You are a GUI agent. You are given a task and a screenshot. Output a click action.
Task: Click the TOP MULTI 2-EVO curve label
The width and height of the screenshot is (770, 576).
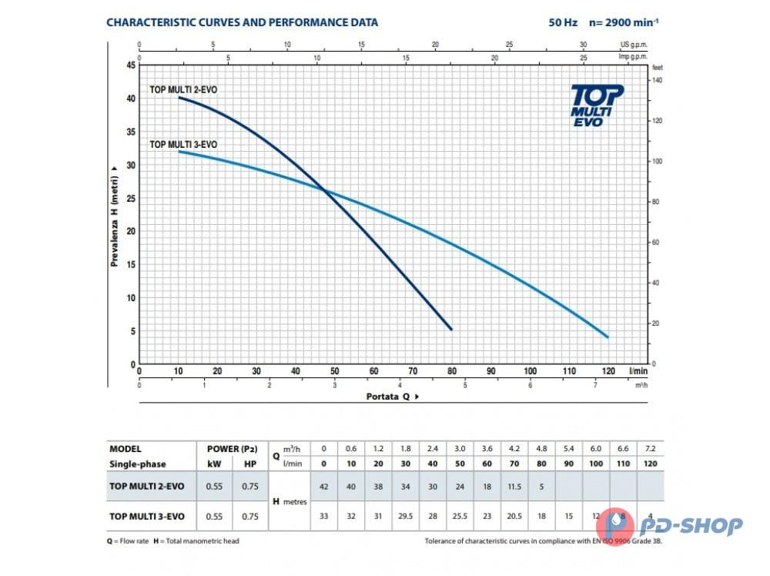coord(182,90)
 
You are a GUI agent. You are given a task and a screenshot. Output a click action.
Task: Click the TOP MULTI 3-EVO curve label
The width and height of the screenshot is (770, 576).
coord(182,144)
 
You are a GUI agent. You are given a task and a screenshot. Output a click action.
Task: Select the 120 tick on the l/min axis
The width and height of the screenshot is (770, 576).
coord(608,371)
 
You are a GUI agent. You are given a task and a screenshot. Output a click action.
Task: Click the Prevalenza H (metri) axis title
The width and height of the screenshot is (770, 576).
coord(114,215)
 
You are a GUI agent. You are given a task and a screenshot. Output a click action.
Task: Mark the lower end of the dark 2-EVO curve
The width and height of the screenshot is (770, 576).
coord(451,330)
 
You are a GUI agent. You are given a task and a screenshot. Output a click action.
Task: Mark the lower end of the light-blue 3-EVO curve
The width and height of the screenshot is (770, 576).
coord(608,337)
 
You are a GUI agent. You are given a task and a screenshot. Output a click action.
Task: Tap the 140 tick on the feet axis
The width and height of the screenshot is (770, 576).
coord(657,80)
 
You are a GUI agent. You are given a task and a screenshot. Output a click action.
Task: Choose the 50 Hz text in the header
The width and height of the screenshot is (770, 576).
coord(563,22)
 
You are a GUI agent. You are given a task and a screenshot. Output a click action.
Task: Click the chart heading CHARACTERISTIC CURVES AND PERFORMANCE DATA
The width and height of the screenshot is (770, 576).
coord(242,22)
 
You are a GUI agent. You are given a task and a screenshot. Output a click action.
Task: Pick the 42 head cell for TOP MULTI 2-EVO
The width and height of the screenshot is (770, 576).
coord(323,487)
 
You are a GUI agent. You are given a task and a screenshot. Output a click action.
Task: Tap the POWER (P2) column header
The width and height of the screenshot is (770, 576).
coord(231,449)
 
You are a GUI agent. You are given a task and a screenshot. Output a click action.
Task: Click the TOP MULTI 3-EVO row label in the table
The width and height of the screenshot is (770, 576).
coord(146,516)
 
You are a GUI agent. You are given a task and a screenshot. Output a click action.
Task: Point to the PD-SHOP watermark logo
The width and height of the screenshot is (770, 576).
coord(671,526)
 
